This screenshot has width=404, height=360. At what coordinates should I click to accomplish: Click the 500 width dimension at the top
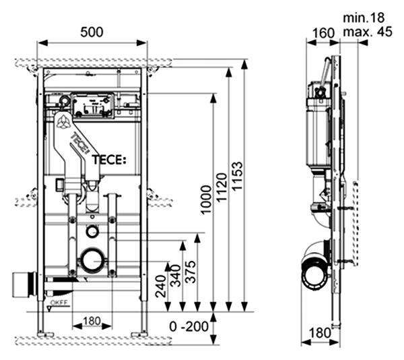(92, 32)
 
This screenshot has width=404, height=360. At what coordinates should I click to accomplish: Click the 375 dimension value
(192, 270)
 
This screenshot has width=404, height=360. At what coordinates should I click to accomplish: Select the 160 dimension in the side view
(323, 32)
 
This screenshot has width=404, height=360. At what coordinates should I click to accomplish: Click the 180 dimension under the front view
(92, 321)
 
